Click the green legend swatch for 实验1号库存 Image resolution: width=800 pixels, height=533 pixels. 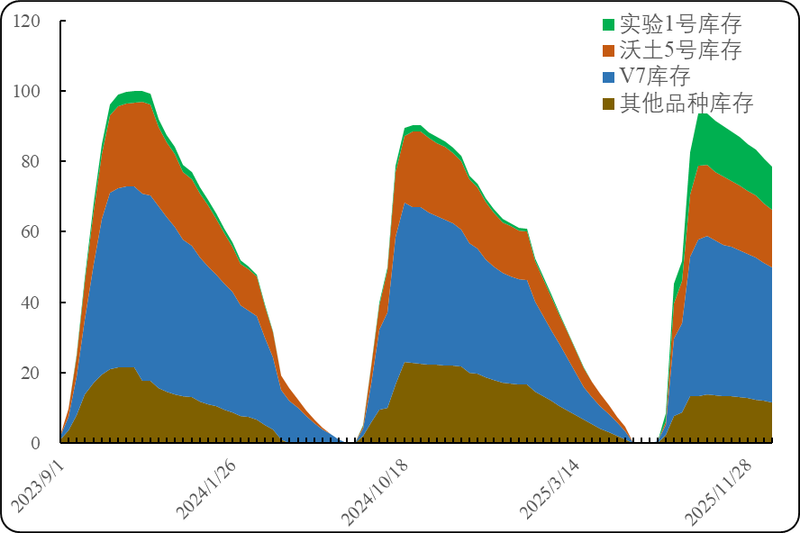[609, 24]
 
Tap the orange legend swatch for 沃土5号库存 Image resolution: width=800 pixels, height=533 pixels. [609, 50]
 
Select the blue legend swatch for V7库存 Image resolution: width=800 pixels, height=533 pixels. [609, 77]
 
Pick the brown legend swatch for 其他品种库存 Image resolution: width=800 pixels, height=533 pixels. [609, 103]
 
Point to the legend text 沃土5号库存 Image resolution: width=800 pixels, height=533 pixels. [680, 50]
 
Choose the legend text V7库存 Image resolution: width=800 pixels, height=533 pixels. [655, 77]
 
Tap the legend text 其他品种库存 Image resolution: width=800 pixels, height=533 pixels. [686, 103]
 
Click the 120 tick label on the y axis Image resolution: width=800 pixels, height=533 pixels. [26, 21]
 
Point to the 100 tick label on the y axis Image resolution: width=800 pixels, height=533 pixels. [26, 91]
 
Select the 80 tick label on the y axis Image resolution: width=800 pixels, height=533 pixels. [31, 161]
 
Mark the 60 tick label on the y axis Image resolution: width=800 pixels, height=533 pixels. [31, 231]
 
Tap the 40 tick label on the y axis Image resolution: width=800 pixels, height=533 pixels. [31, 302]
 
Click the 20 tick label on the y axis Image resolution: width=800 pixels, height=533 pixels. [31, 372]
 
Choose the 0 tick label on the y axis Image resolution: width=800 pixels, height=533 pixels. [35, 442]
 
